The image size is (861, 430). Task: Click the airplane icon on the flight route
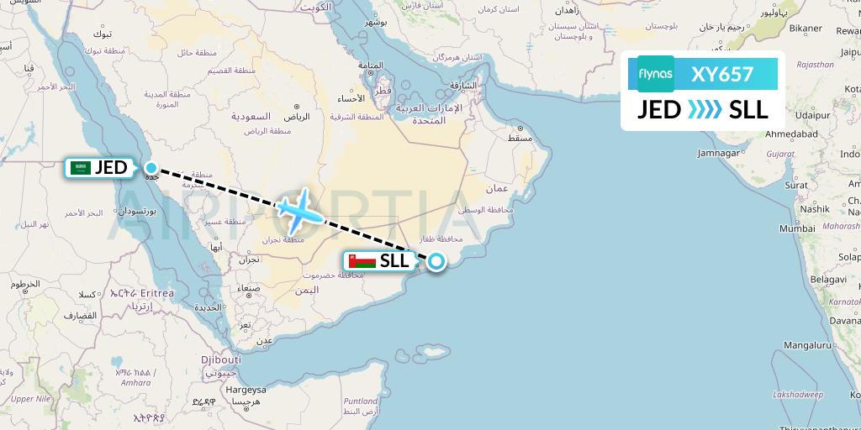[x=298, y=211]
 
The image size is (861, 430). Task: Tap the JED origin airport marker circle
[x=151, y=167]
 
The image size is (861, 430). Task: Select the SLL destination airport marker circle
[x=436, y=261]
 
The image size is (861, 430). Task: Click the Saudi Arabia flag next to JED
[x=82, y=168]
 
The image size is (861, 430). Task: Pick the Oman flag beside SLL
[x=362, y=261]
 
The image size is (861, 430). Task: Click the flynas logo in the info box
[x=655, y=74]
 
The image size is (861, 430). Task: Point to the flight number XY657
[x=722, y=74]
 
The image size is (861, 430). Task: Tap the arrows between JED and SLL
[x=704, y=110]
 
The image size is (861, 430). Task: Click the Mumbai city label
[x=797, y=228]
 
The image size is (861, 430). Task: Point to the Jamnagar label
[x=717, y=153]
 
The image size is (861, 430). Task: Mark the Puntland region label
[x=360, y=401]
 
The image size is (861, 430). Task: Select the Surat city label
[x=795, y=184]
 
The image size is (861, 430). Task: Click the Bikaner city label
[x=805, y=29]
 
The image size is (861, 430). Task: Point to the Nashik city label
[x=815, y=209]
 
